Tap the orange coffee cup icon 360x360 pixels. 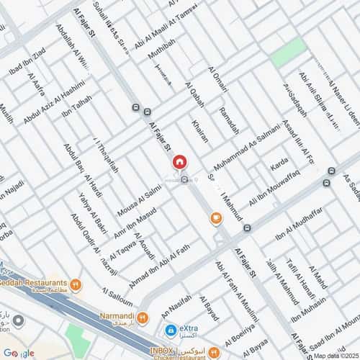[x=215, y=218]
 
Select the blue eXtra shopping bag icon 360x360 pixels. [x=170, y=330]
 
